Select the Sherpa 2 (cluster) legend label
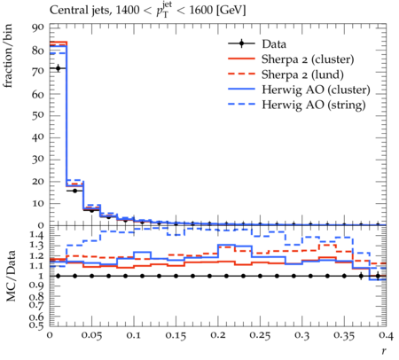(x=308, y=59)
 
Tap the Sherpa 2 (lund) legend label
(x=302, y=74)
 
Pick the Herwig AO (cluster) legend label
(x=316, y=90)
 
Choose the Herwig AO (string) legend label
(x=314, y=105)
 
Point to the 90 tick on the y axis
(x=37, y=27)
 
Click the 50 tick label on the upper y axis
(x=37, y=115)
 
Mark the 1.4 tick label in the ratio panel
(x=36, y=236)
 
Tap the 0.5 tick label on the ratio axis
(x=36, y=325)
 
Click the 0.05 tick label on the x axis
(x=91, y=335)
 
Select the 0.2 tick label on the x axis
(x=218, y=335)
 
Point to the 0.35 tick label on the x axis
(x=344, y=335)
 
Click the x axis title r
(x=384, y=350)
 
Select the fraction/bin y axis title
(x=8, y=56)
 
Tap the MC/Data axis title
(x=11, y=276)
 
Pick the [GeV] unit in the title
(x=231, y=11)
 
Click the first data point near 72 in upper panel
(x=59, y=68)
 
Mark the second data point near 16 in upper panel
(x=75, y=191)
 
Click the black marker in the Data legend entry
(x=241, y=43)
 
